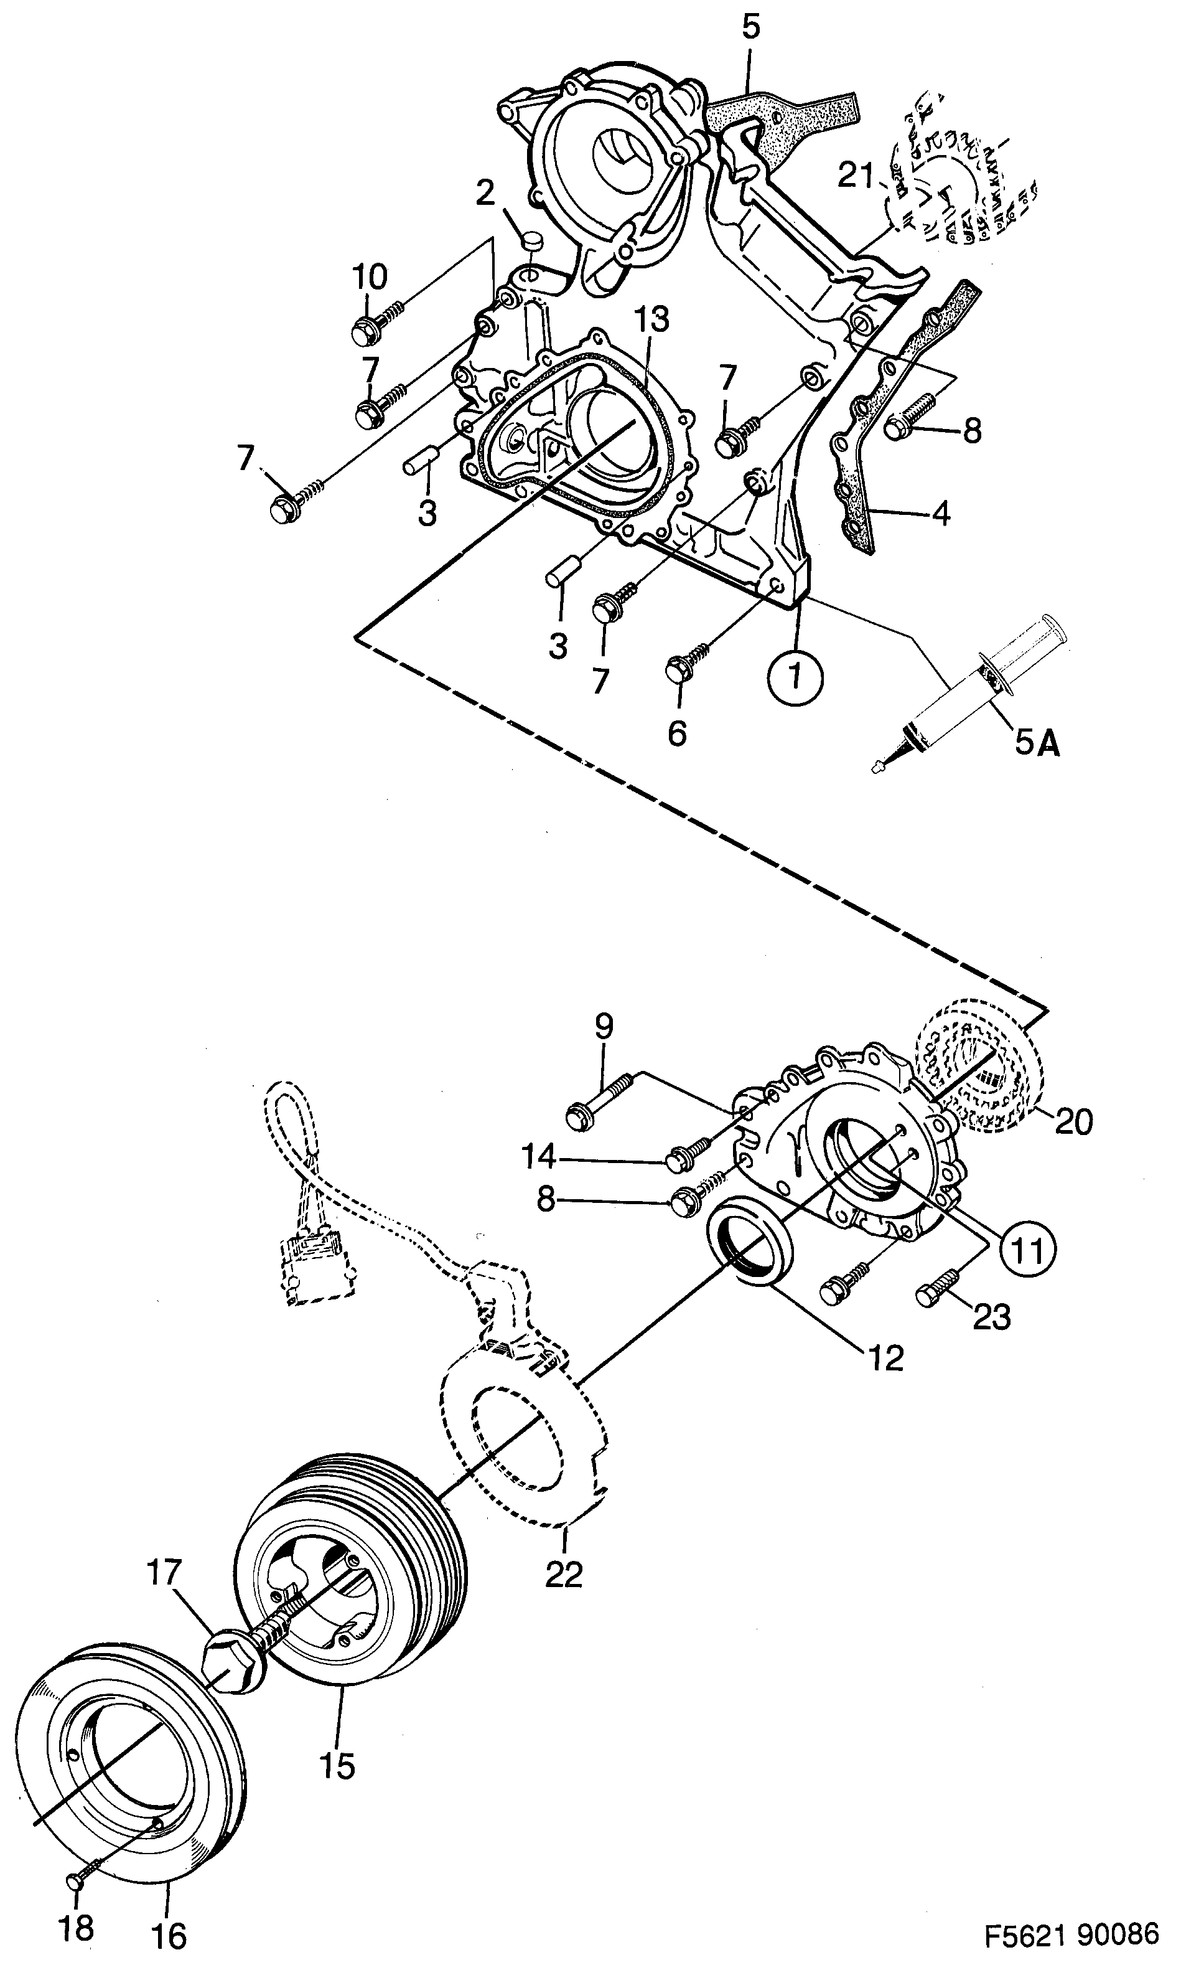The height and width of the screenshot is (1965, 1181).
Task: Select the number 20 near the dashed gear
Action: click(1073, 1122)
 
